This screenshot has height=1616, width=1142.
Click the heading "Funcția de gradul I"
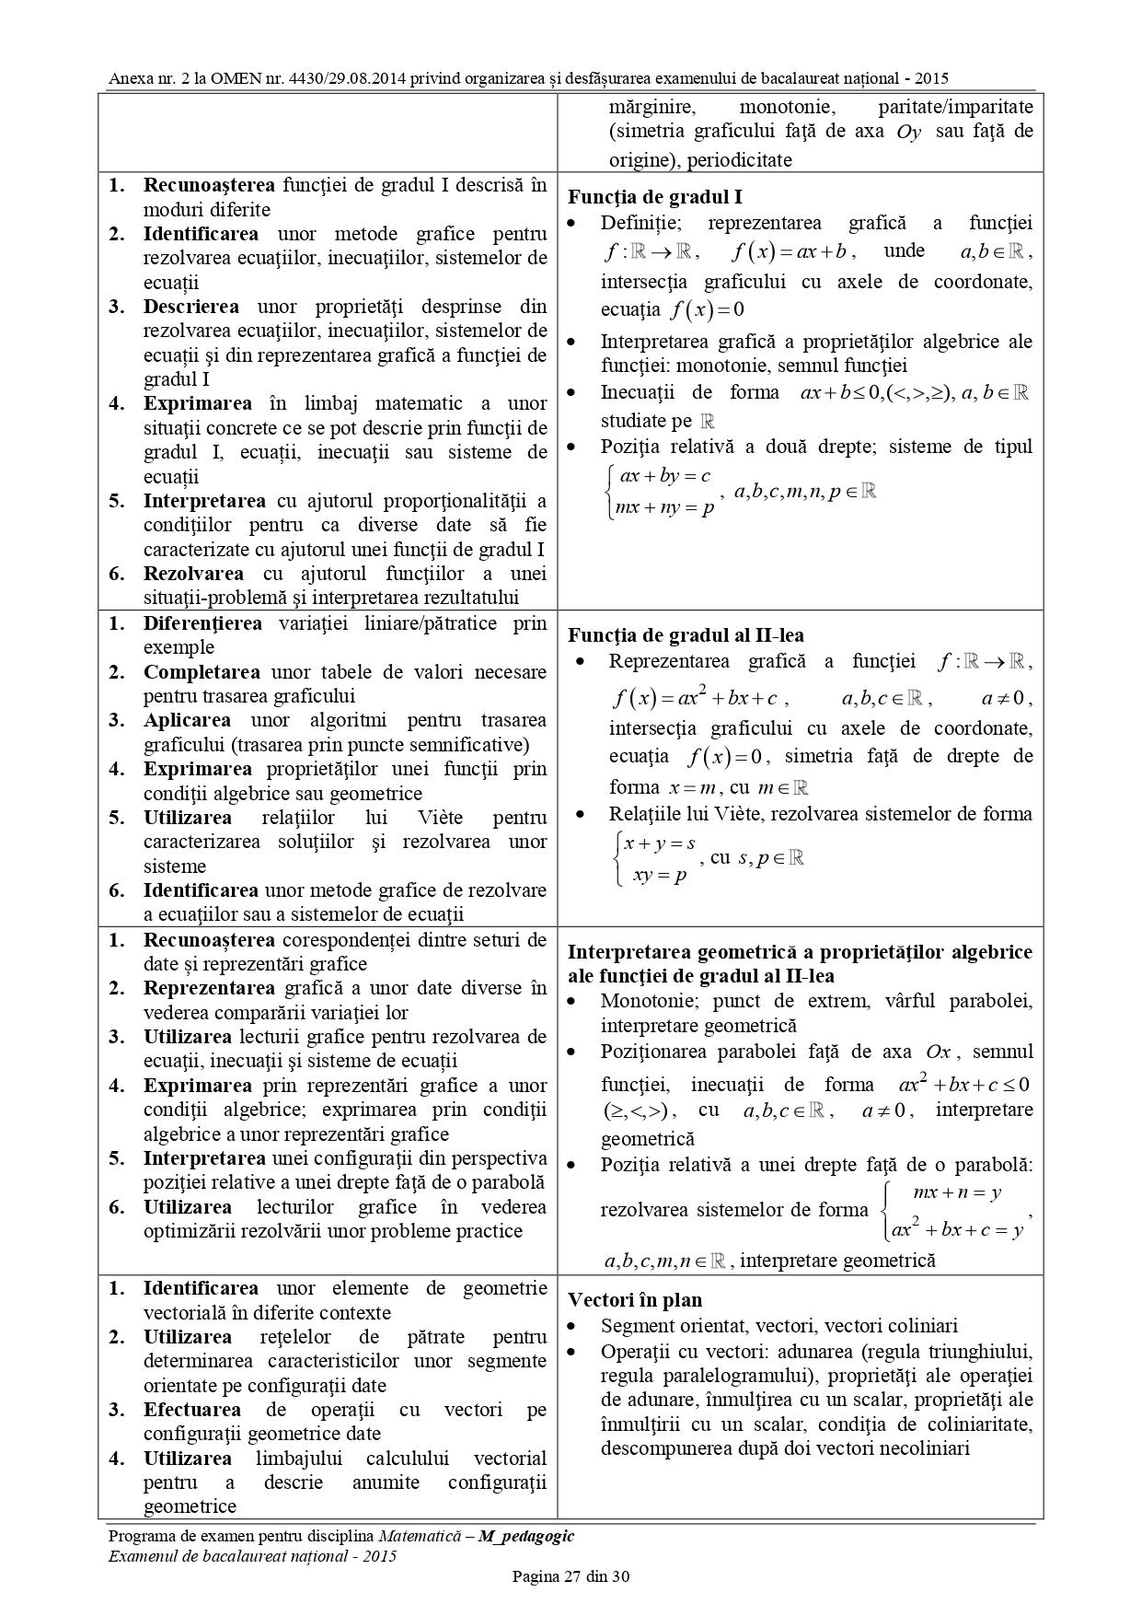[655, 196]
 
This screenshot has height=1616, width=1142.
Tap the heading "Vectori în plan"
[635, 1300]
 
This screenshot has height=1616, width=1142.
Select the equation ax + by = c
[665, 476]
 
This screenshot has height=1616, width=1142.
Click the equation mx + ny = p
[664, 507]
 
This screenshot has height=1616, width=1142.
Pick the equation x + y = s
[660, 843]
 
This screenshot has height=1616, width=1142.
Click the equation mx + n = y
[956, 1193]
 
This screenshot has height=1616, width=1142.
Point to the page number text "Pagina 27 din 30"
[571, 1576]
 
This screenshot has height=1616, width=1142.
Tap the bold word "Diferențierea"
[202, 623]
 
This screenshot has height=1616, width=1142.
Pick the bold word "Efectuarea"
[192, 1410]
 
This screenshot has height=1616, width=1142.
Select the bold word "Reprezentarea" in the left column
[209, 988]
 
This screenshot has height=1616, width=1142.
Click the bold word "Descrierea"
[190, 307]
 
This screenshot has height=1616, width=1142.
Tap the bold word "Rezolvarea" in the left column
[192, 574]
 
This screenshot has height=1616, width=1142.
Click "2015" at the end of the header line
[931, 79]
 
